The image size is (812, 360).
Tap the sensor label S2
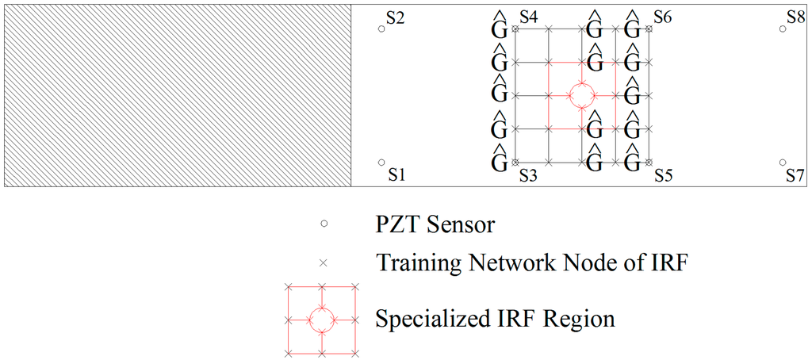(x=396, y=18)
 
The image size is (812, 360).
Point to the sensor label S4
(x=529, y=17)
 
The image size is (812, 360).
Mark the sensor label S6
(x=664, y=17)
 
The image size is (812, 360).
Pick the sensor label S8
(x=796, y=17)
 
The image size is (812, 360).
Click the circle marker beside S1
(x=381, y=162)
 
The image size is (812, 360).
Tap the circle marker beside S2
(x=381, y=29)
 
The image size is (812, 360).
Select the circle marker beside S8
(x=783, y=29)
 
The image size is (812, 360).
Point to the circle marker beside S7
(x=783, y=162)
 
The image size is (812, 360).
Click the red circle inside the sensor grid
(x=582, y=95)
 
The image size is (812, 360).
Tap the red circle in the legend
(x=321, y=320)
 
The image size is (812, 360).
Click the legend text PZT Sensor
(x=435, y=224)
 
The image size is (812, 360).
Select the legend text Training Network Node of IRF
(x=530, y=262)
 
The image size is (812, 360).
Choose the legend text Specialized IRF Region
(x=496, y=320)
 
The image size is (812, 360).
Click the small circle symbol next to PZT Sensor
(x=324, y=224)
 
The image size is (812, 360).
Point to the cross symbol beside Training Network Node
(x=324, y=262)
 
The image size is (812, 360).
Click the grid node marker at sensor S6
(x=649, y=29)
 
